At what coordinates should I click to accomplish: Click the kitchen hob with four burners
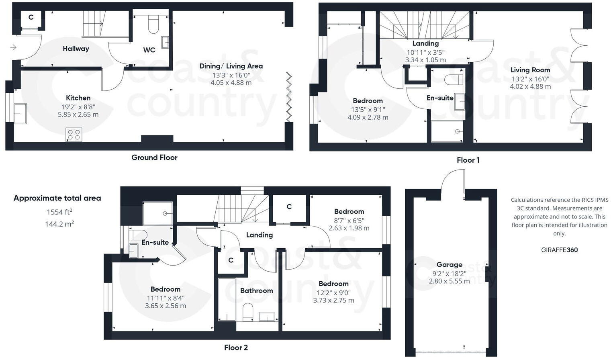[74, 135]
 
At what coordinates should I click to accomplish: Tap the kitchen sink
[20, 113]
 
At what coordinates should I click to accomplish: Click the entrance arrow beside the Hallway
[13, 48]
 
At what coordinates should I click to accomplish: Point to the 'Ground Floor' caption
[154, 157]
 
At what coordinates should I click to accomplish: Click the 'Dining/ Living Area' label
[231, 66]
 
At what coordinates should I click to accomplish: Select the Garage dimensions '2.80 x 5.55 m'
[449, 281]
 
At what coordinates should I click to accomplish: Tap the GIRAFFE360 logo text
[559, 250]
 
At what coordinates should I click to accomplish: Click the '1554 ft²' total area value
[59, 212]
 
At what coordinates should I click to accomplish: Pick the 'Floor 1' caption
[468, 160]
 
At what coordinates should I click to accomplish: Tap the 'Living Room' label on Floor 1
[530, 70]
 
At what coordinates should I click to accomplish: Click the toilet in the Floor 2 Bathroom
[248, 312]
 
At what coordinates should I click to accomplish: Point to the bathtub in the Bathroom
[227, 299]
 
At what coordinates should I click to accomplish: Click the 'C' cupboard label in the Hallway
[31, 18]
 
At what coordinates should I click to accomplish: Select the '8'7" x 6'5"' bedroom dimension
[349, 220]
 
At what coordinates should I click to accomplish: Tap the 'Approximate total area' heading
[57, 198]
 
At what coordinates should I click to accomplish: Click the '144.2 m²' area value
[59, 224]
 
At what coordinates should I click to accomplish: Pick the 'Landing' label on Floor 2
[259, 235]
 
